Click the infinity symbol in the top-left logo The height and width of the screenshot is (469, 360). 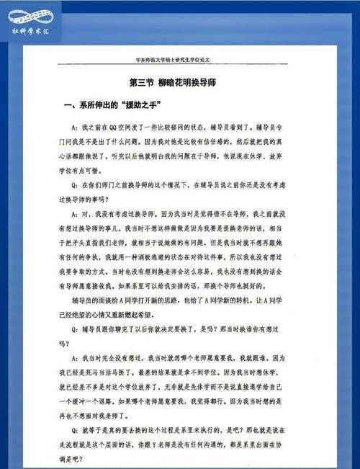(x=32, y=15)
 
